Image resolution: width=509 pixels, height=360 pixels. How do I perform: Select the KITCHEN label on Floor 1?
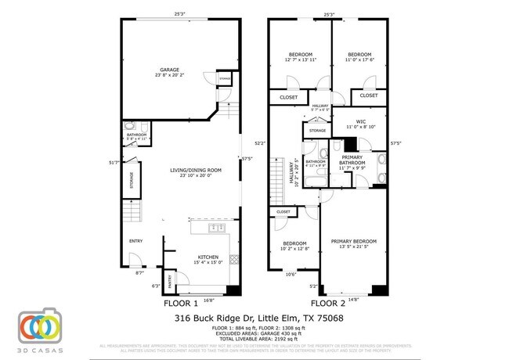point(208,257)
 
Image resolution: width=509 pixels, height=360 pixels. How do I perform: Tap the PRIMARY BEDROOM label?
point(353,241)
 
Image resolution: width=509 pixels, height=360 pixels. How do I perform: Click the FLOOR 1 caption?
point(180,303)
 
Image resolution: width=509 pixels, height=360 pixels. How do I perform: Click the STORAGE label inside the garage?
point(225,80)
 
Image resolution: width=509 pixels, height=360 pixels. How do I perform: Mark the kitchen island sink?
point(217,228)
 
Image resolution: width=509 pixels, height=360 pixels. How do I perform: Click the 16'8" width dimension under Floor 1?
point(208,300)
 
